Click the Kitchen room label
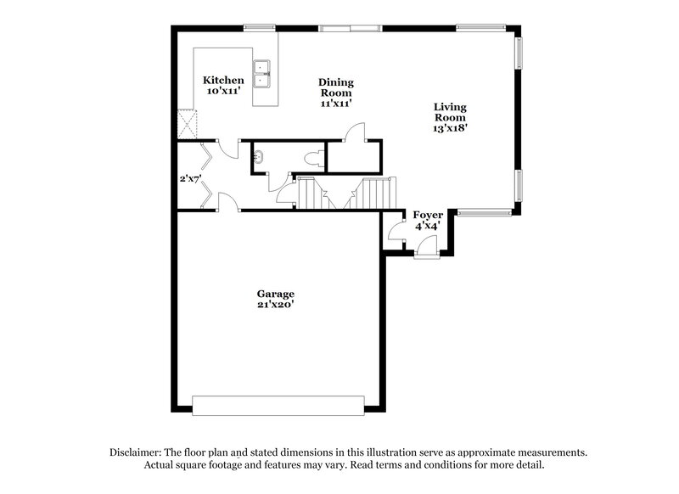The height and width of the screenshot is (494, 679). [x=223, y=80]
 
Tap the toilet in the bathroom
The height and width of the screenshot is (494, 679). [x=314, y=157]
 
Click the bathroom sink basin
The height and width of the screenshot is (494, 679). [x=260, y=157]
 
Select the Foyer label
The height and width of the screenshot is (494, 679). [x=428, y=216]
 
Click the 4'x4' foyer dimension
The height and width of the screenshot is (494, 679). [x=428, y=227]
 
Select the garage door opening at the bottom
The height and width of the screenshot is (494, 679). [x=278, y=406]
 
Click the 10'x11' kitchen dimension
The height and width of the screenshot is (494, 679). [x=223, y=91]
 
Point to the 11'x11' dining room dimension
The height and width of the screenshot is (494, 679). [x=336, y=103]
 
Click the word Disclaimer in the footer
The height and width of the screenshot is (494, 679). [x=136, y=453]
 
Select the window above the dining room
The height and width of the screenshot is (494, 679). [x=350, y=28]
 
